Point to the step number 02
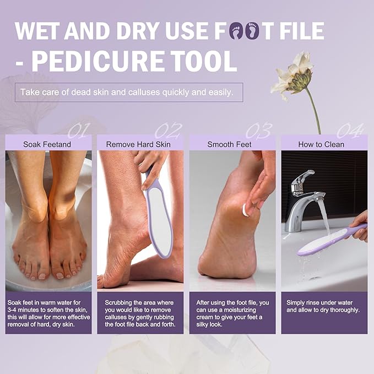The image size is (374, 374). pos(168,131)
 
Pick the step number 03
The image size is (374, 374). pos(259,131)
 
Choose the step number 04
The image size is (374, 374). pos(350,131)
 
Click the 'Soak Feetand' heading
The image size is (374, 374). pos(47,144)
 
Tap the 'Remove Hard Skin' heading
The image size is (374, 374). pos(139,144)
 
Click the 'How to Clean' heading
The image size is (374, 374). pos(321,144)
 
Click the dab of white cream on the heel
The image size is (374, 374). pos(246,210)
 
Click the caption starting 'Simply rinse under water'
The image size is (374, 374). pos(323,306)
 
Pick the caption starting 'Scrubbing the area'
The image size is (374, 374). pos(139,313)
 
